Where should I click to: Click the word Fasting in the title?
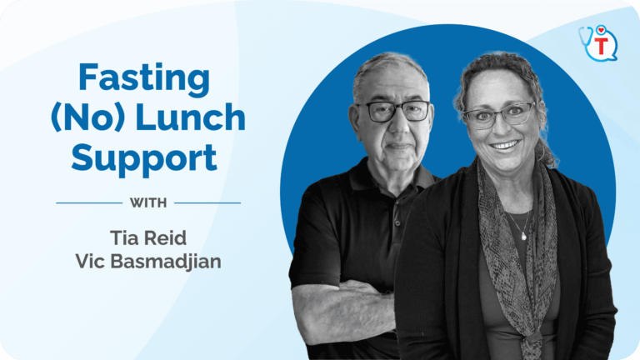pos(144,79)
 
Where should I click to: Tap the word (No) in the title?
pos(87,117)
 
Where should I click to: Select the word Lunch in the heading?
pos(190,117)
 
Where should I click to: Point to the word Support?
pos(144,159)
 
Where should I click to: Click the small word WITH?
pos(148,202)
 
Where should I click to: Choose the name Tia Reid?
pos(148,238)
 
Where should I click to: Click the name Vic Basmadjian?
pos(148,262)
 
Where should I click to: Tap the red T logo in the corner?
pos(601,46)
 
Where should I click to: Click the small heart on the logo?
pos(601,30)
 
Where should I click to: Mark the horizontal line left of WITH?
pos(89,202)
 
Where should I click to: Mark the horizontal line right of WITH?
pos(207,202)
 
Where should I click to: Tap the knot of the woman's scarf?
pos(532,340)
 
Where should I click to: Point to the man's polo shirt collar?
pos(392,177)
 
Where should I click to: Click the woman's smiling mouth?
pos(504,145)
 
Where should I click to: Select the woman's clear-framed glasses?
pos(499,116)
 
